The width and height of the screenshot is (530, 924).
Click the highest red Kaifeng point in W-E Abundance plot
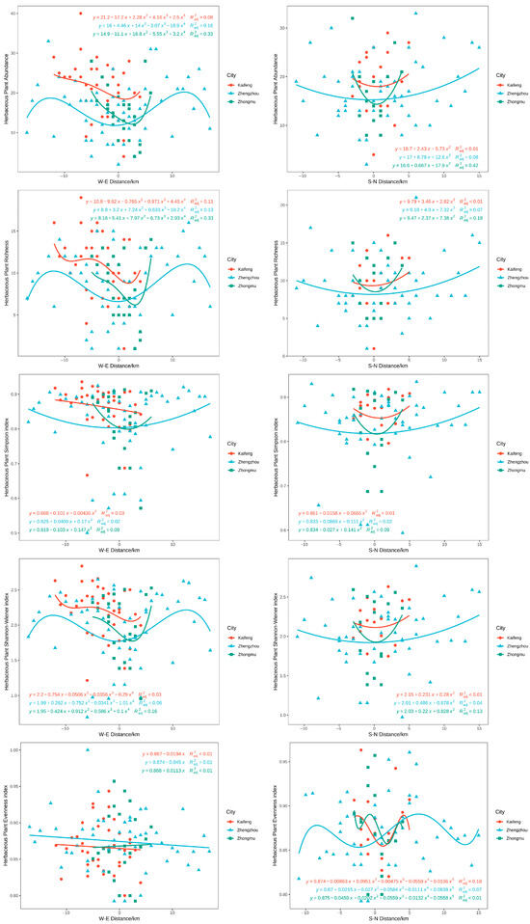point(80,14)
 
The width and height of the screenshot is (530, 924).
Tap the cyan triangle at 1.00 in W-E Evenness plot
point(88,722)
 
